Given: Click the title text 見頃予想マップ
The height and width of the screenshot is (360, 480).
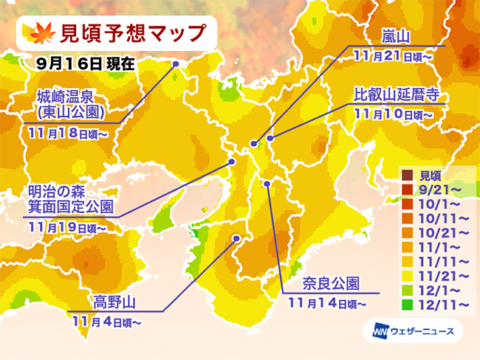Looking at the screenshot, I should point(125,34).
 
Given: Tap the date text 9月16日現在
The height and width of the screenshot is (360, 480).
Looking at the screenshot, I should point(84,63).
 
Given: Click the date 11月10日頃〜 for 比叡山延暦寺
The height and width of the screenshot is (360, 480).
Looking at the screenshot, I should point(394,114).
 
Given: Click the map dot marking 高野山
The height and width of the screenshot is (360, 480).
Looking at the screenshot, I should point(236,238).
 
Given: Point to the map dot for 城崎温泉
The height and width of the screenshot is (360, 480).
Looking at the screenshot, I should point(176,64).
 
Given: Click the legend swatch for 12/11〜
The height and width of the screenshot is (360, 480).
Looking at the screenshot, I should point(407,303).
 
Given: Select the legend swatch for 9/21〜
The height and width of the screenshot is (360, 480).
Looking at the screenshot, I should point(407,188).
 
